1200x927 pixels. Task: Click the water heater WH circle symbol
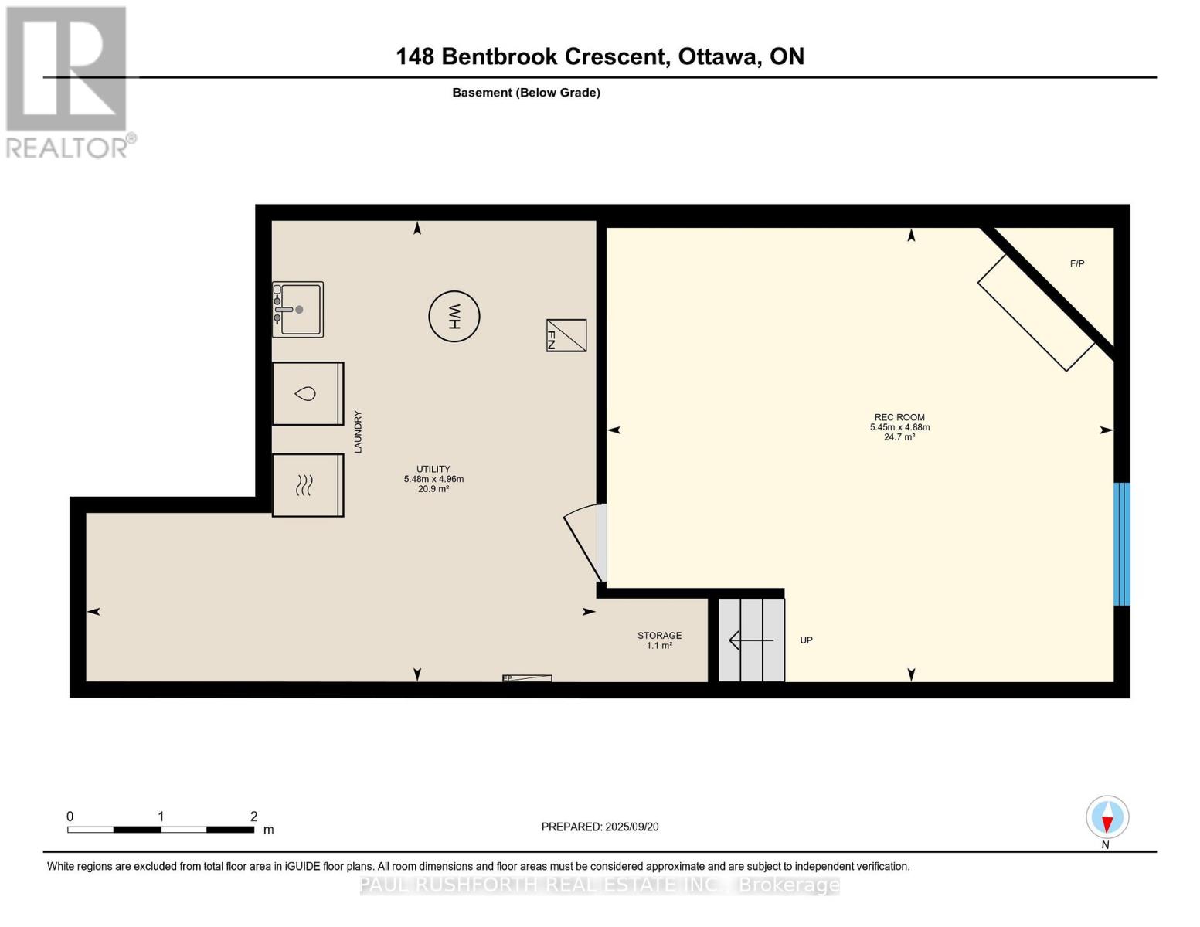(454, 316)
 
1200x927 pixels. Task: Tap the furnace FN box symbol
(566, 335)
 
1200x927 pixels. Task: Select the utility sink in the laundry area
(297, 310)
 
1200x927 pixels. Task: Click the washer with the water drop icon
(308, 394)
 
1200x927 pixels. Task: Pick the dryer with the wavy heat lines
(308, 485)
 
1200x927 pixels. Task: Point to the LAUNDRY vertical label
(358, 432)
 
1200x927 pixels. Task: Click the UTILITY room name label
(433, 469)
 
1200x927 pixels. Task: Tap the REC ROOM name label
(899, 417)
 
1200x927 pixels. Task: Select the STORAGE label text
(659, 636)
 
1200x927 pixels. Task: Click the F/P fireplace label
(1077, 263)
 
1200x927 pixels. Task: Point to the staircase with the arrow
(751, 640)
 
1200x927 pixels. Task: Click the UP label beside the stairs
(806, 640)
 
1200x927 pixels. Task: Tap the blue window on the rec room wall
(1121, 544)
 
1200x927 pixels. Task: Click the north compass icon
(1107, 817)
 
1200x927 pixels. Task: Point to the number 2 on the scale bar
(253, 817)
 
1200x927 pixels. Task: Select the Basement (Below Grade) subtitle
(526, 93)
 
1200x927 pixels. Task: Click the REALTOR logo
(67, 81)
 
